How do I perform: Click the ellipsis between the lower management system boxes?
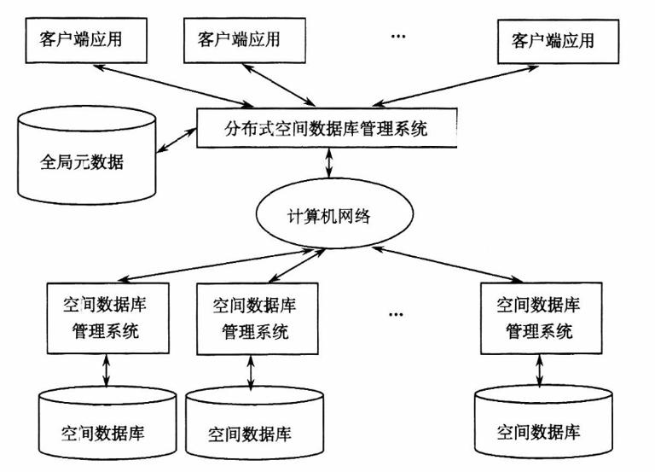[394, 314]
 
